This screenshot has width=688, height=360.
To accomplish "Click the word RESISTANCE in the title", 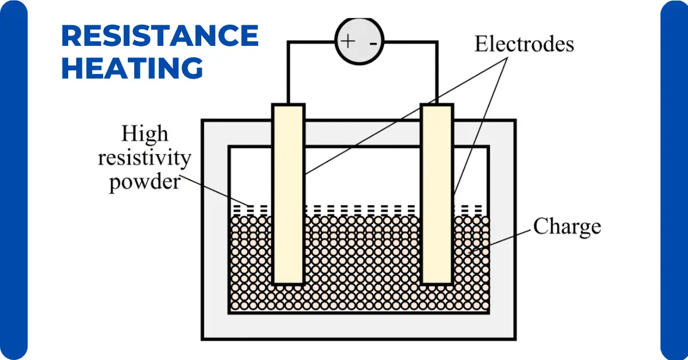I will coord(159,37).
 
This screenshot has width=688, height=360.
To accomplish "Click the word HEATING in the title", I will coord(132,68).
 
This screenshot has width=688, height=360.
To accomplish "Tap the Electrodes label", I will coord(523,44).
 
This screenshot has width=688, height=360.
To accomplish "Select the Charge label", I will coord(566,226).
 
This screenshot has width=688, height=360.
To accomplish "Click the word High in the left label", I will coord(144,134).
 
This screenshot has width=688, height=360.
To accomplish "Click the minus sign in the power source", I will coord(373,42).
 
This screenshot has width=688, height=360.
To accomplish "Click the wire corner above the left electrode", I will coord(288,42).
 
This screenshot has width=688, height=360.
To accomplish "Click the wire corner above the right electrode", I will coord(437,42).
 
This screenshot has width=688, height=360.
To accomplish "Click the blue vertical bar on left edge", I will coord(13,180).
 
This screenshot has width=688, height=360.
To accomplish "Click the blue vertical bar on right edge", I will coord(675,180).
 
